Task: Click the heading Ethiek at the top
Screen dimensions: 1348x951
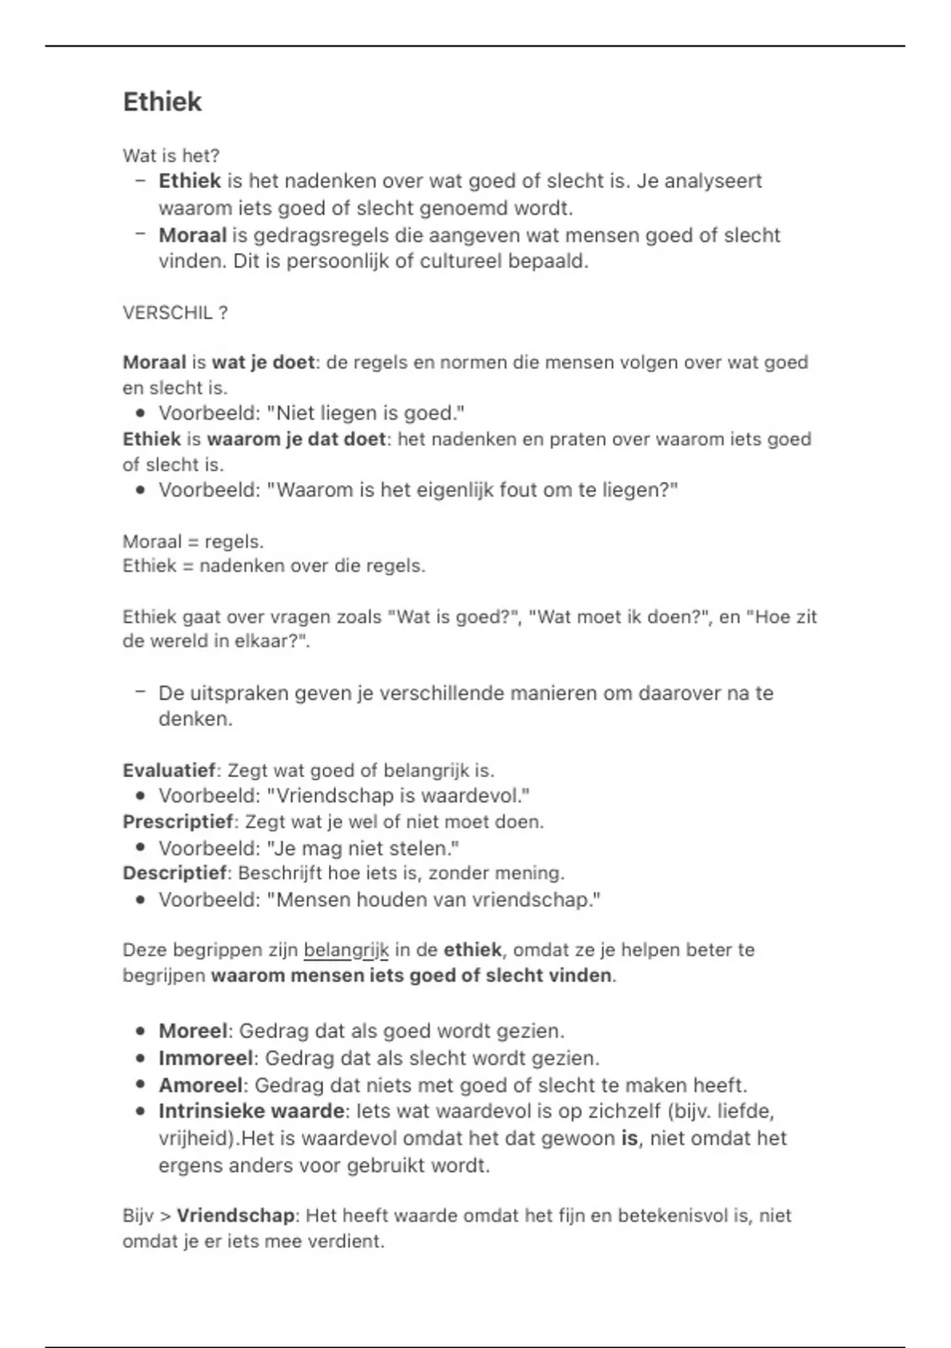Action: tap(162, 101)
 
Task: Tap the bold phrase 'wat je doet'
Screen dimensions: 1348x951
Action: tap(263, 362)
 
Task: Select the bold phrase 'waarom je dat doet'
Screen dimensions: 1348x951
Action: tap(296, 438)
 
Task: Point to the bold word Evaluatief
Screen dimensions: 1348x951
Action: tap(169, 770)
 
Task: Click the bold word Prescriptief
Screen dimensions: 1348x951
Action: tap(178, 821)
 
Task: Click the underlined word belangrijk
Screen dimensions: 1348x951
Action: tap(346, 949)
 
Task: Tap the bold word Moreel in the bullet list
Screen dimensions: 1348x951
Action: tap(193, 1031)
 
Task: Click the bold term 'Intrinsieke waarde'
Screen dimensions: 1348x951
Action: tap(251, 1111)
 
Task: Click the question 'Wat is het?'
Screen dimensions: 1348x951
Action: tap(170, 155)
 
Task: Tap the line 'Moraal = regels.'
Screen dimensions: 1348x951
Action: tap(193, 542)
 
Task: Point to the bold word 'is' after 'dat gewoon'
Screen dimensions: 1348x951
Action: tap(629, 1138)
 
